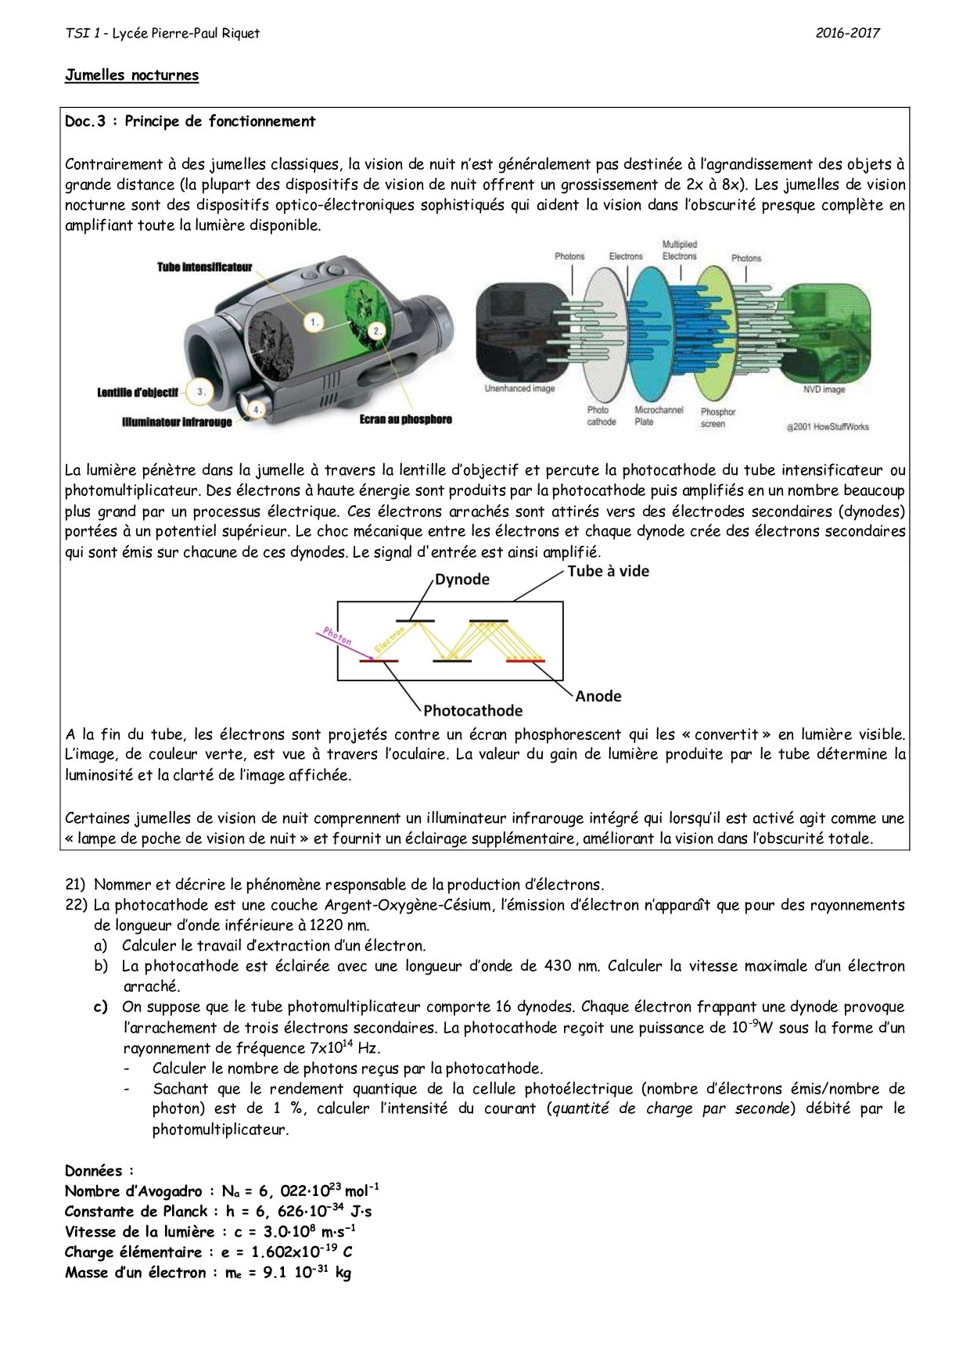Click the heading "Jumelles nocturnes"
pyautogui.click(x=131, y=75)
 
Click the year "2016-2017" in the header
pyautogui.click(x=847, y=33)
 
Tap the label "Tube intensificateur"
pyautogui.click(x=204, y=268)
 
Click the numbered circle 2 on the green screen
pyautogui.click(x=378, y=331)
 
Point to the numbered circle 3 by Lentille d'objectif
pyautogui.click(x=201, y=392)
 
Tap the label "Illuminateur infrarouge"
pyautogui.click(x=177, y=422)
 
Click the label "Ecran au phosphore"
pyautogui.click(x=405, y=420)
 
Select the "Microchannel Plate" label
pyautogui.click(x=658, y=415)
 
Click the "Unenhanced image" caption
pyautogui.click(x=519, y=389)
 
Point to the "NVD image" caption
pyautogui.click(x=824, y=390)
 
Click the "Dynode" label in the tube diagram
pyautogui.click(x=462, y=580)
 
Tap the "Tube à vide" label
pyautogui.click(x=608, y=571)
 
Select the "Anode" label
pyautogui.click(x=598, y=696)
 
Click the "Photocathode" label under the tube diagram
pyautogui.click(x=472, y=710)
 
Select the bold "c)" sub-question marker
pyautogui.click(x=101, y=1007)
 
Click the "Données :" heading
pyautogui.click(x=99, y=1171)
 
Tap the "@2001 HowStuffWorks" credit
pyautogui.click(x=827, y=426)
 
